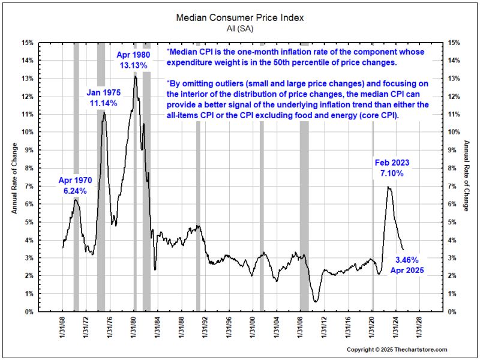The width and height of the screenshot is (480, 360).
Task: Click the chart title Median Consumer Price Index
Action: pos(240,17)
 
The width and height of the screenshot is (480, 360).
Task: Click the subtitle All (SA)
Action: pos(240,29)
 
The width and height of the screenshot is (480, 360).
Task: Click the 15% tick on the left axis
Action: pos(28,43)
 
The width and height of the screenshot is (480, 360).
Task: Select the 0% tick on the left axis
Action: pos(30,311)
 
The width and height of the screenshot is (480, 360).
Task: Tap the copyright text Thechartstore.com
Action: pos(397,350)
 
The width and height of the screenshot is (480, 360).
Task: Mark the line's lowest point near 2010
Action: pos(316,301)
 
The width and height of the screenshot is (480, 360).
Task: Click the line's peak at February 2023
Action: pos(389,187)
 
